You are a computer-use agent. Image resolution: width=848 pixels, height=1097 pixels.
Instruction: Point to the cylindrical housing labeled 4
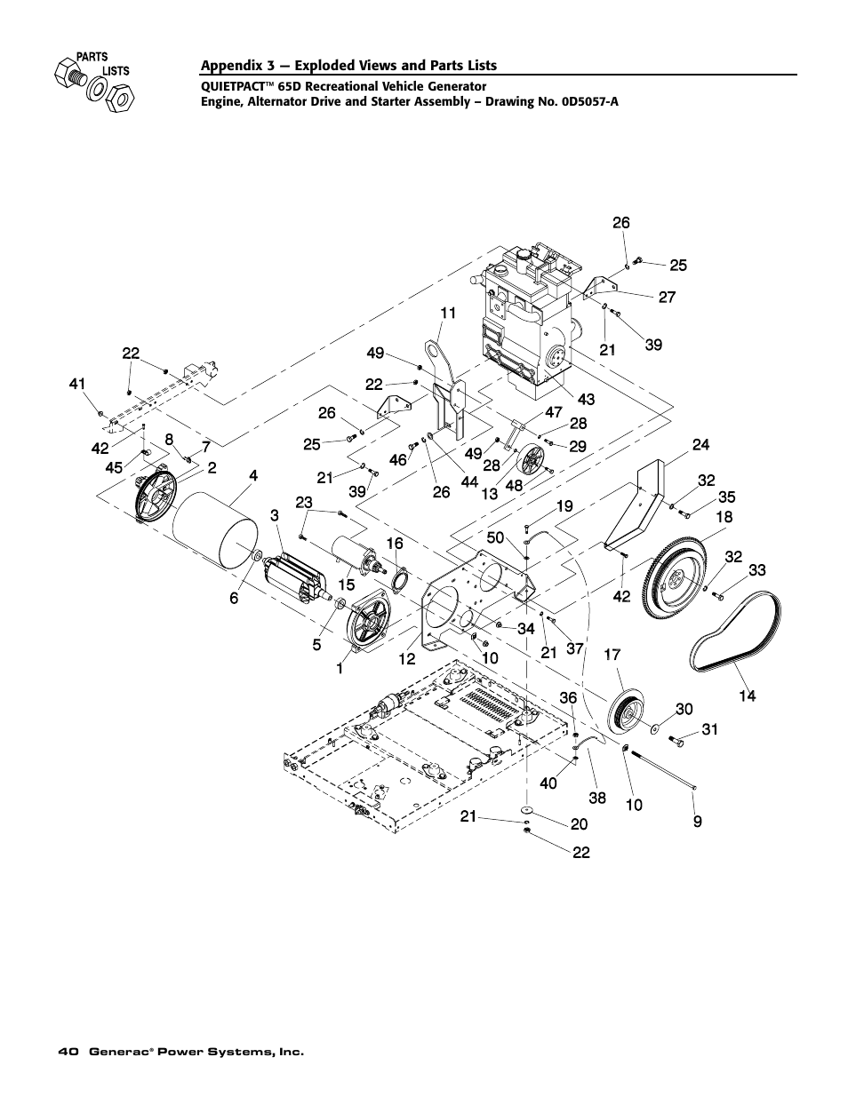[x=215, y=534]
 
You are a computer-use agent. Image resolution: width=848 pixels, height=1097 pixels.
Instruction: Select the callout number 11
[x=447, y=313]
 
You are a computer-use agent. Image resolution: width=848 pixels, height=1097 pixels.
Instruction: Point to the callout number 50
[x=495, y=538]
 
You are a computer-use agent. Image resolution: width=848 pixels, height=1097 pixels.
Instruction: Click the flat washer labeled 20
[x=527, y=810]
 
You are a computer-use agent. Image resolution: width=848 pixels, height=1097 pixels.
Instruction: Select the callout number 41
[x=77, y=384]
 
